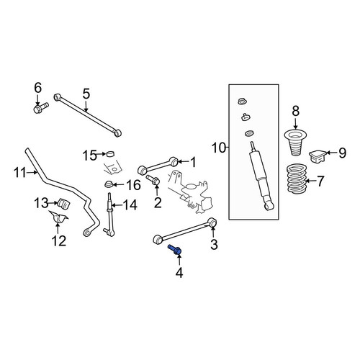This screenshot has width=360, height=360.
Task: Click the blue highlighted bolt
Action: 175,250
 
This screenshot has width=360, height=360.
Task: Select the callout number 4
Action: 179,273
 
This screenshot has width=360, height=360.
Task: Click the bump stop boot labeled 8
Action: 295,143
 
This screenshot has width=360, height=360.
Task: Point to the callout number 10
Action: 219,148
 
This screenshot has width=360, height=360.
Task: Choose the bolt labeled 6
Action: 40,108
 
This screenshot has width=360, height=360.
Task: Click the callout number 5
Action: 86,94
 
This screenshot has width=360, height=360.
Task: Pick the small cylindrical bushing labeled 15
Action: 110,153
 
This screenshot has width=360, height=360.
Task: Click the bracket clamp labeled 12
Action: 58,216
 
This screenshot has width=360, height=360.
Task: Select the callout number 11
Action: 19,172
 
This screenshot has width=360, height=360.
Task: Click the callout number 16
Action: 133,185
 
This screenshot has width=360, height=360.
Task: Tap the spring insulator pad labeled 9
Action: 316,156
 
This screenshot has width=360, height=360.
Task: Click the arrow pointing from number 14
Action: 117,205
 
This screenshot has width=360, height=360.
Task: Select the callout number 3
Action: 214,244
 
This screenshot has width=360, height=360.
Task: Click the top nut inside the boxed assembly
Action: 243,102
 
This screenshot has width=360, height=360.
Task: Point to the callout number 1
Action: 193,162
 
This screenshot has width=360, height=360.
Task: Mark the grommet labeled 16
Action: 109,184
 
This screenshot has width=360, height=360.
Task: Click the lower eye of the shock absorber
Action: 269,205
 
